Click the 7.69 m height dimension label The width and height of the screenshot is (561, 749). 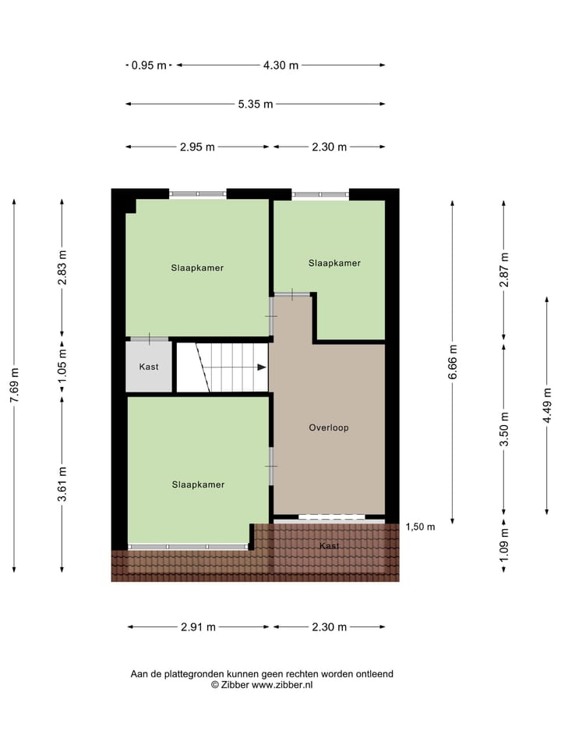click(14, 384)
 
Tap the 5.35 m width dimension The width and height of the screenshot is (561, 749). click(256, 104)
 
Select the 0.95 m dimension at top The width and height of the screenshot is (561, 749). click(149, 66)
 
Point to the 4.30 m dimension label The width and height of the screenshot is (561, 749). click(280, 66)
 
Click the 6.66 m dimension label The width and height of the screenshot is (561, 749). click(453, 361)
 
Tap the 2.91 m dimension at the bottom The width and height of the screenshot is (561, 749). click(198, 627)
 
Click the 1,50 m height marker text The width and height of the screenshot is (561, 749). click(421, 527)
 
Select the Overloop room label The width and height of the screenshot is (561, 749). click(328, 428)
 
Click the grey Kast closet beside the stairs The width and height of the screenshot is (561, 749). click(149, 367)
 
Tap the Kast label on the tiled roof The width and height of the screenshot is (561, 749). click(329, 545)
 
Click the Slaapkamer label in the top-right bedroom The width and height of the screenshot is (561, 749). click(334, 263)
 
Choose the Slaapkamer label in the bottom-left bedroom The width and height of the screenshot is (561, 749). click(198, 485)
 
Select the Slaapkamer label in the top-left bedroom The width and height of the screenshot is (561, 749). click(198, 268)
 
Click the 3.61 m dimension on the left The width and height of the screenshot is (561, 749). click(62, 484)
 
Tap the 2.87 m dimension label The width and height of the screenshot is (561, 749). click(504, 269)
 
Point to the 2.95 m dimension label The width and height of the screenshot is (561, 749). click(197, 147)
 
